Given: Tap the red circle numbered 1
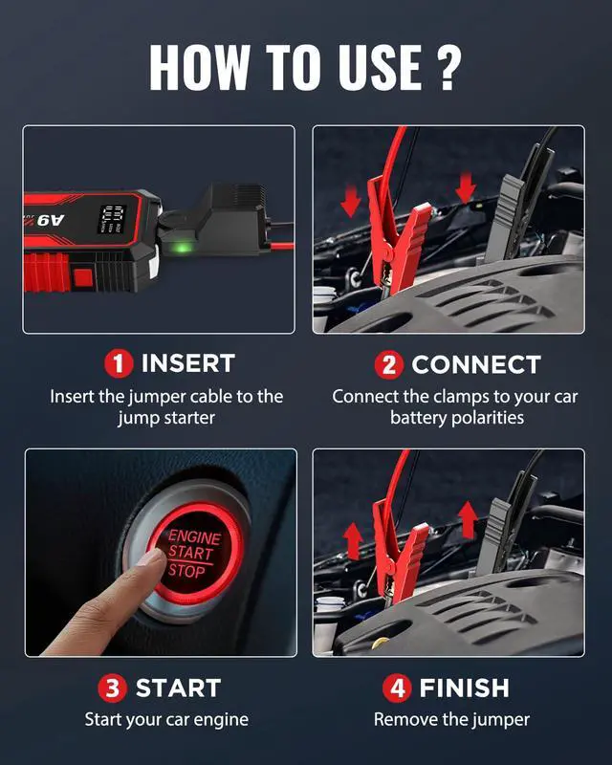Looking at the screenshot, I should pyautogui.click(x=119, y=364).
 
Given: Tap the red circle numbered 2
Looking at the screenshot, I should pyautogui.click(x=387, y=364).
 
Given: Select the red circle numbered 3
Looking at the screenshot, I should pyautogui.click(x=112, y=688).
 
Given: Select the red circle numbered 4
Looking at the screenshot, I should pyautogui.click(x=396, y=688).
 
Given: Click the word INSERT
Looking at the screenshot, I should pyautogui.click(x=187, y=364).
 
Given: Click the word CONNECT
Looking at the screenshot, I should pyautogui.click(x=475, y=364).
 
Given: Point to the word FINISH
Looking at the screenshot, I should pyautogui.click(x=464, y=688).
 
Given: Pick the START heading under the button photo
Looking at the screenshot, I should pyautogui.click(x=178, y=688).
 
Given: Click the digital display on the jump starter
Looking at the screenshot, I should pyautogui.click(x=113, y=219).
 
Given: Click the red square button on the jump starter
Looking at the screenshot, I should pyautogui.click(x=82, y=278).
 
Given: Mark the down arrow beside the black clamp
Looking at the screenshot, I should pyautogui.click(x=466, y=188).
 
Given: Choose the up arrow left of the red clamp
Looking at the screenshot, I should pyautogui.click(x=352, y=540).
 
